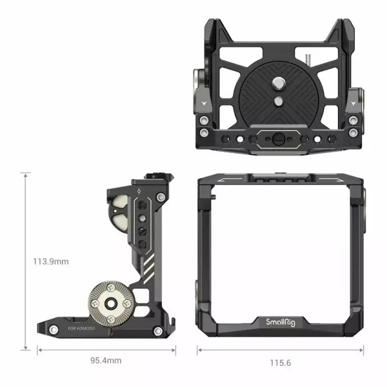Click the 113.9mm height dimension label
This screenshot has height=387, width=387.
pos(51,261)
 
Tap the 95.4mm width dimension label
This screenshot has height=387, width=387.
pos(106,361)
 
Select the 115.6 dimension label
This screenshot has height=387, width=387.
pos(281,362)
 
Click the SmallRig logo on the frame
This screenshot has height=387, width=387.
pos(281,322)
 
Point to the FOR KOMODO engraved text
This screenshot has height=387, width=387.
pos(81,328)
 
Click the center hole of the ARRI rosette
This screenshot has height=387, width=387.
pos(111,303)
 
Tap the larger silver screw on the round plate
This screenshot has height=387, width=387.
pos(278,83)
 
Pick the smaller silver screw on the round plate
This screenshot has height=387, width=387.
pos(279,101)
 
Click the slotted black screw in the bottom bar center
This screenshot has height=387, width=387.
pos(279,139)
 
